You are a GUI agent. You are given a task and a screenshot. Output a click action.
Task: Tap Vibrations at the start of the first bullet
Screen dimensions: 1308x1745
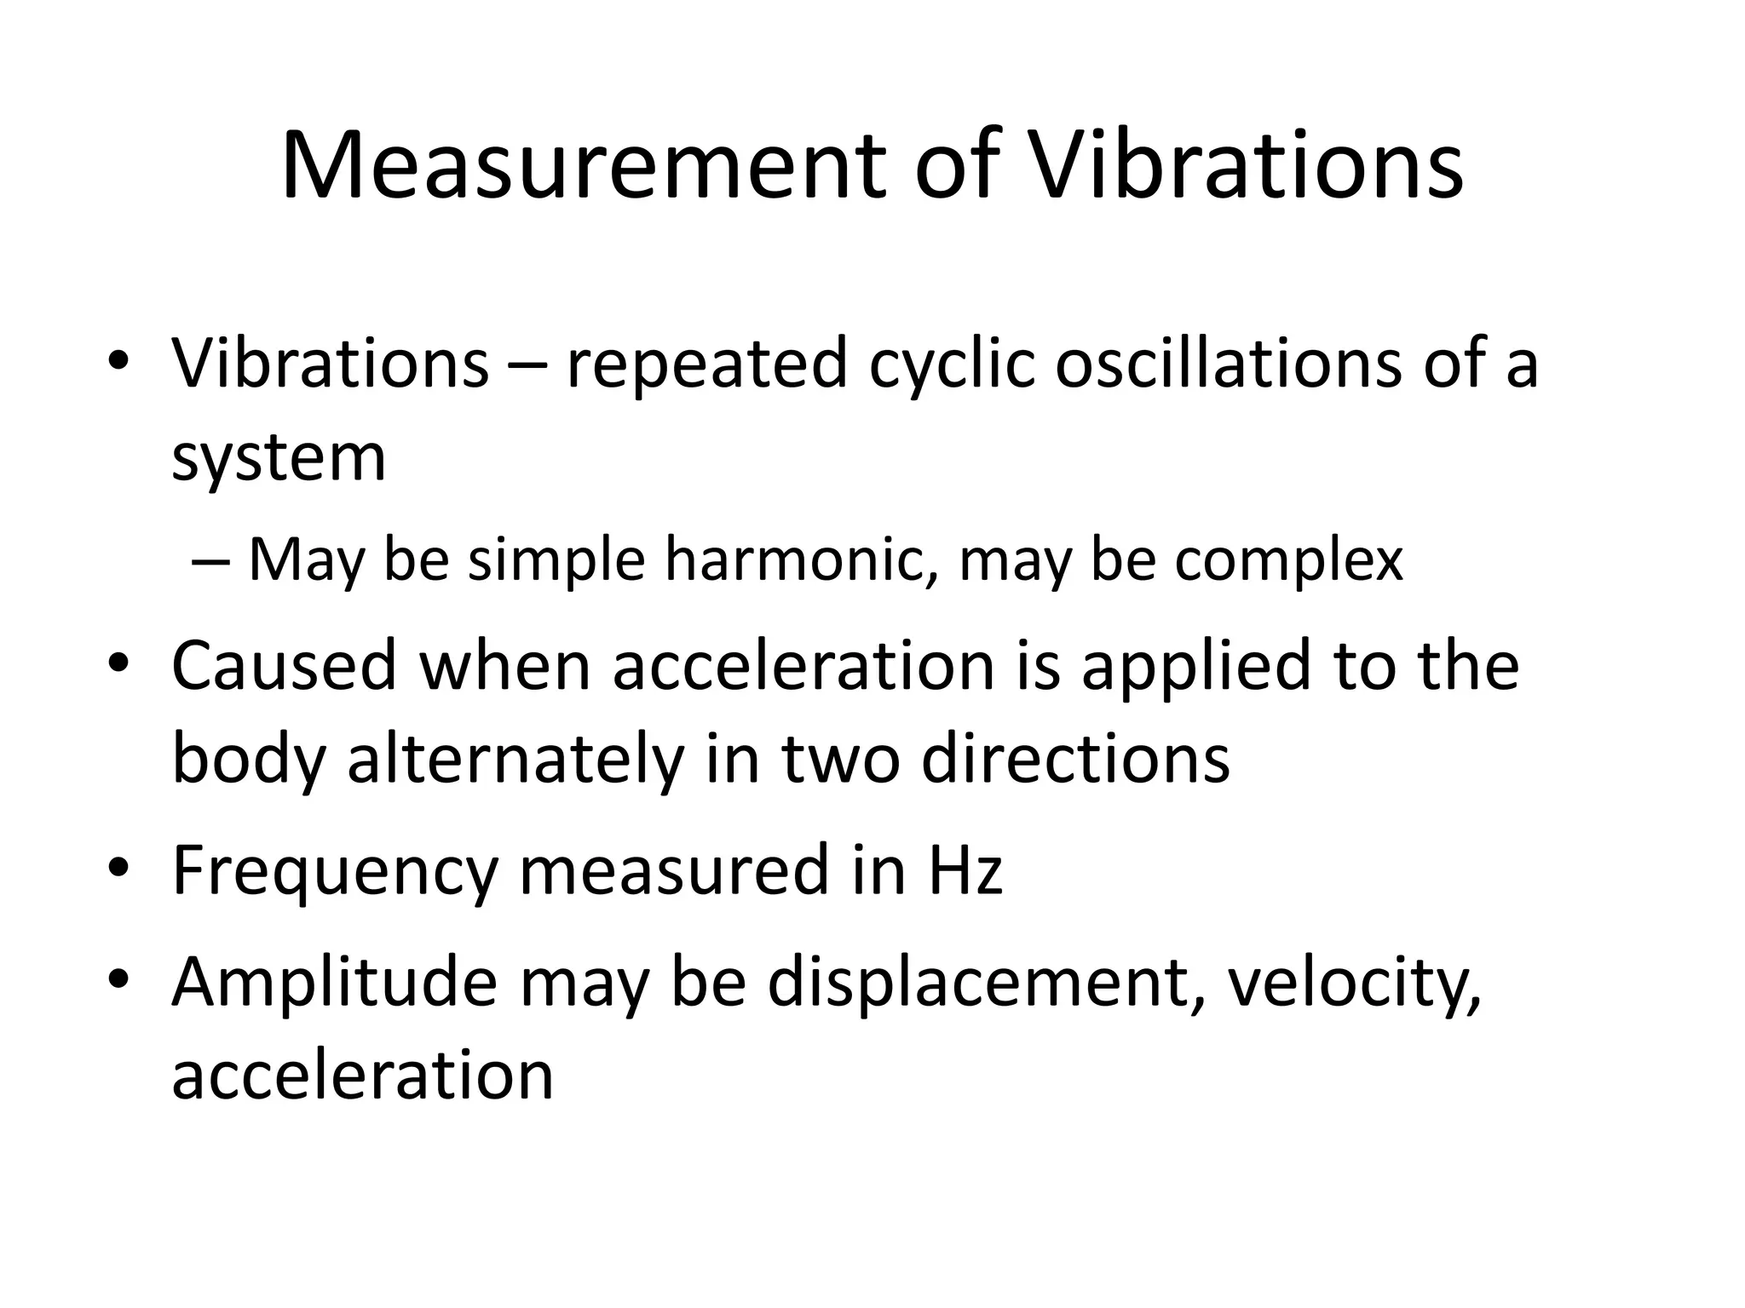click(331, 364)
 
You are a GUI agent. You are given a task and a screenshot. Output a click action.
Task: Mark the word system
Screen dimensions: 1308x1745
click(279, 458)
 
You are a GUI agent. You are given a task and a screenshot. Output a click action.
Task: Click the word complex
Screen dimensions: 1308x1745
click(1287, 561)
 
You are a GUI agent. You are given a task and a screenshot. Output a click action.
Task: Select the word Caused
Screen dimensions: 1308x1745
click(285, 665)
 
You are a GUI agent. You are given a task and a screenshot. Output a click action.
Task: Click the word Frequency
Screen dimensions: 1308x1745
click(335, 870)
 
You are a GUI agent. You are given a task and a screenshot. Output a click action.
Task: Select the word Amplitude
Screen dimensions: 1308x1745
click(335, 982)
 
